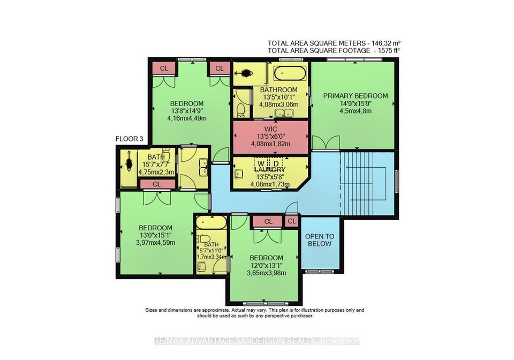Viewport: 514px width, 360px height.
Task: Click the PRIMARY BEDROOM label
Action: click(356, 96)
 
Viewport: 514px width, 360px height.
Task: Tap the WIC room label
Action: click(270, 129)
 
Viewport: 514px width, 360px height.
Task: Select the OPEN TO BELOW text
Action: click(320, 240)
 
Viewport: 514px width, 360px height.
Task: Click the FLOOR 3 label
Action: click(130, 139)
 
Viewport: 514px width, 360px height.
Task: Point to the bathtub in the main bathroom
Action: click(290, 73)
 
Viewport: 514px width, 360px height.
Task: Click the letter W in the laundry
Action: click(261, 163)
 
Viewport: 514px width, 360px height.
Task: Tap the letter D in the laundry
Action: click(276, 163)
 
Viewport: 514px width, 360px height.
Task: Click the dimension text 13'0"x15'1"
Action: click(156, 235)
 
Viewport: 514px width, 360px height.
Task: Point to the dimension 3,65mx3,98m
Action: click(266, 273)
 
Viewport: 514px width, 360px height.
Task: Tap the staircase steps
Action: click(367, 183)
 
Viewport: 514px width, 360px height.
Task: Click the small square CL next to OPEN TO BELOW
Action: click(292, 221)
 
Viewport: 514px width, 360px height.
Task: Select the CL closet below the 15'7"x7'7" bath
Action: click(157, 184)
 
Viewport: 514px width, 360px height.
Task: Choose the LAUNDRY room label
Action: click(270, 170)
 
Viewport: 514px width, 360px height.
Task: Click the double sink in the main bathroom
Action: click(284, 114)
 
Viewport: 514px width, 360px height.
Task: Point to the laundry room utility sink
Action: click(238, 174)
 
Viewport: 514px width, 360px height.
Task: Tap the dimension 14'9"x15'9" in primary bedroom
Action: click(356, 103)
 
